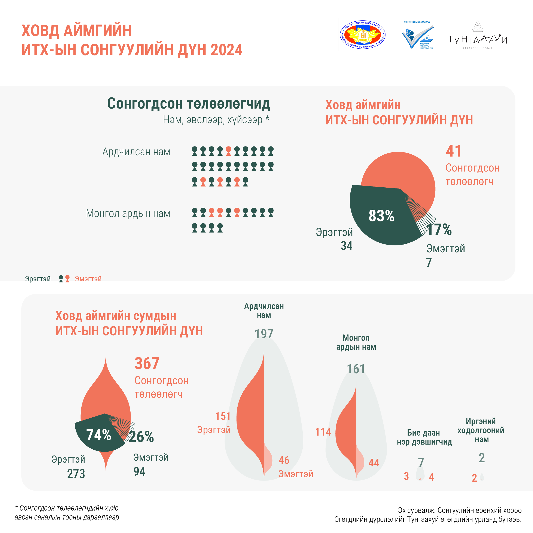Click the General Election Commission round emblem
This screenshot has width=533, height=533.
(363, 35)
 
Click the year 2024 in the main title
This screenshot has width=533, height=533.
(226, 50)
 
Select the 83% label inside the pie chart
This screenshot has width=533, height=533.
(381, 216)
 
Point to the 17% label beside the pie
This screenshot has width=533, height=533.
(439, 230)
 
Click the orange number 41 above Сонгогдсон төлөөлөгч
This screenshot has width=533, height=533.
(454, 151)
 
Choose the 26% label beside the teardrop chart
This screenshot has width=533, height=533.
(141, 437)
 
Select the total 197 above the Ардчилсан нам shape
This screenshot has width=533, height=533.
(264, 334)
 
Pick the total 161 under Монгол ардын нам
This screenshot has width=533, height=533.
(356, 369)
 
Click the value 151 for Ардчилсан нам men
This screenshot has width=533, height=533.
(223, 416)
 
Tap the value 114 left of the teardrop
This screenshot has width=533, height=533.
(323, 432)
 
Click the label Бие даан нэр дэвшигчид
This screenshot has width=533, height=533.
(424, 437)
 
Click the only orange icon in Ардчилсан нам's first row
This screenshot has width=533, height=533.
(228, 151)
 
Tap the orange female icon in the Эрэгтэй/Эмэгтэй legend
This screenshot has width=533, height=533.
(67, 279)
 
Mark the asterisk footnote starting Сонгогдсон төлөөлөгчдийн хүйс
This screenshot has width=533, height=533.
(67, 513)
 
